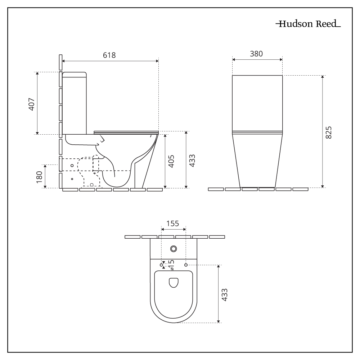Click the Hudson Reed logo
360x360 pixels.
(x=308, y=25)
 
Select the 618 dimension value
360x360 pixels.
(x=109, y=55)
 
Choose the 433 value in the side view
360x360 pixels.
(x=192, y=160)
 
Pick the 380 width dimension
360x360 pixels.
(x=256, y=54)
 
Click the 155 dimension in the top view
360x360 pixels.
(x=173, y=223)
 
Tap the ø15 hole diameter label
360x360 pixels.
(x=172, y=265)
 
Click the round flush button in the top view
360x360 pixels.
(x=174, y=248)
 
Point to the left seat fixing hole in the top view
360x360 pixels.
(x=161, y=265)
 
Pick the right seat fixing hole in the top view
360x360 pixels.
(x=186, y=265)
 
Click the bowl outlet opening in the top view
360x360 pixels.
(x=174, y=283)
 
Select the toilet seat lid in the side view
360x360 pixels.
(x=126, y=132)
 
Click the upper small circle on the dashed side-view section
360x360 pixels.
(x=72, y=165)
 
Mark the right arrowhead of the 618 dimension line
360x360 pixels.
(x=157, y=61)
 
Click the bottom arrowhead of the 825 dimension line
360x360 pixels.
(x=323, y=186)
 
